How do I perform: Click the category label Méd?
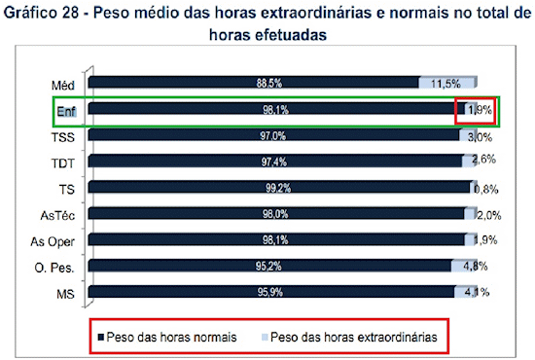[x=66, y=86]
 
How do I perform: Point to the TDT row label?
[x=66, y=163]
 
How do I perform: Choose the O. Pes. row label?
[x=59, y=267]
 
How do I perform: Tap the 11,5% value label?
[x=446, y=85]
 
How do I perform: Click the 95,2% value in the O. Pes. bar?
[x=271, y=265]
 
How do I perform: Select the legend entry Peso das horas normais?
[x=171, y=337]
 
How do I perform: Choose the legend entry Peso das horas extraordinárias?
[x=354, y=337]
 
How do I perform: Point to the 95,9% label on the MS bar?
[x=271, y=290]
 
